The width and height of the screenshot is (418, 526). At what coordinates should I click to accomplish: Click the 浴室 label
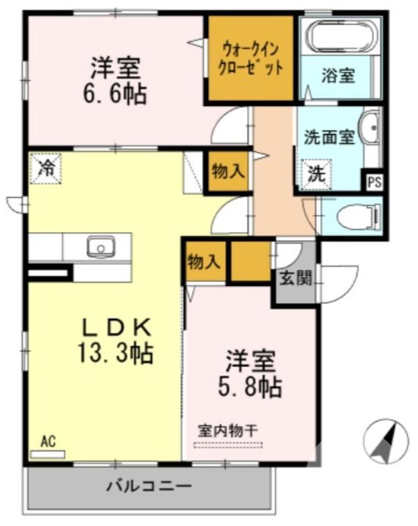click(338, 75)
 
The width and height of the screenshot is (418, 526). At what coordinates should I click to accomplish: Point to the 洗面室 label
click(329, 138)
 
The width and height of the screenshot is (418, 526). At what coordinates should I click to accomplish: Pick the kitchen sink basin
click(101, 247)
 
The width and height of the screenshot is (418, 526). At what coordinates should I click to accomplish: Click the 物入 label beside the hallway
click(228, 172)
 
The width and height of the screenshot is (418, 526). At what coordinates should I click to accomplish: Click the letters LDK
click(117, 326)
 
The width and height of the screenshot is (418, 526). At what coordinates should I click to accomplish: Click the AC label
click(47, 442)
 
